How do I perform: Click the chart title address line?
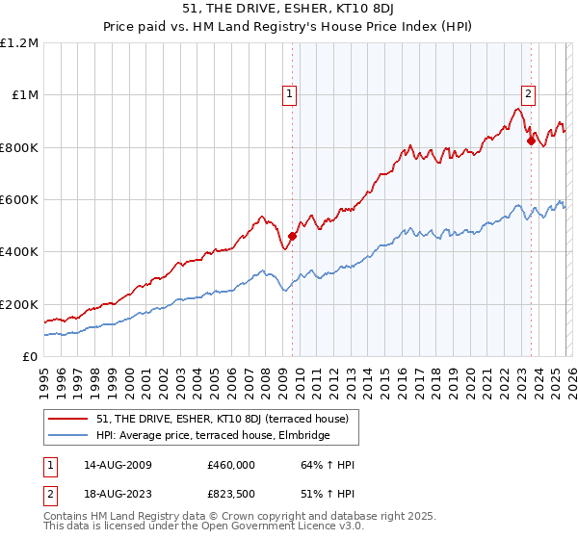tap(288, 9)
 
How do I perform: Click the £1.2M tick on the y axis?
tap(19, 42)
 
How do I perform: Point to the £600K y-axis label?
tap(19, 199)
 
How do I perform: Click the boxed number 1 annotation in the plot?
tap(290, 93)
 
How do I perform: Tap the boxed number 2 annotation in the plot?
tap(529, 93)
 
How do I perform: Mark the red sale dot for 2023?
tap(531, 141)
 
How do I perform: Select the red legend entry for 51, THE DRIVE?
tap(228, 419)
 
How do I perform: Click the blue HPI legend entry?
tap(212, 435)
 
